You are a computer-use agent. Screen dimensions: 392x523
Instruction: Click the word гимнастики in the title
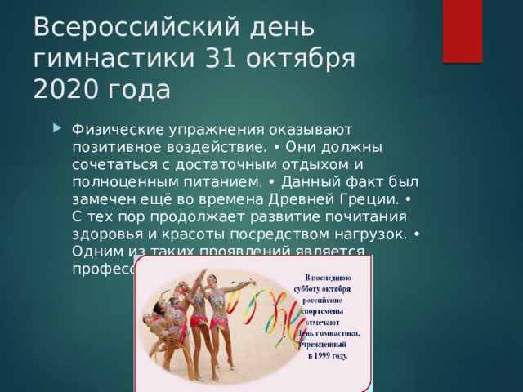coord(114,58)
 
